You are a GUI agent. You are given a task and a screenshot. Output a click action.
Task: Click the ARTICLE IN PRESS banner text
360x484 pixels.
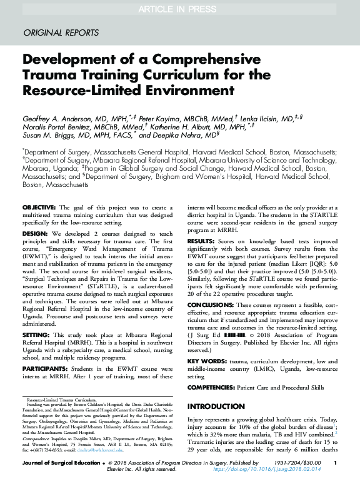coord(179,8)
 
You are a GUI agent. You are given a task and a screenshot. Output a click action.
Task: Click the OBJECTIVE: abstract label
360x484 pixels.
coord(40,207)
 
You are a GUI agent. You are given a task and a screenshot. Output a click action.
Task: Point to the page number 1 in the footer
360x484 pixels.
coord(335,463)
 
